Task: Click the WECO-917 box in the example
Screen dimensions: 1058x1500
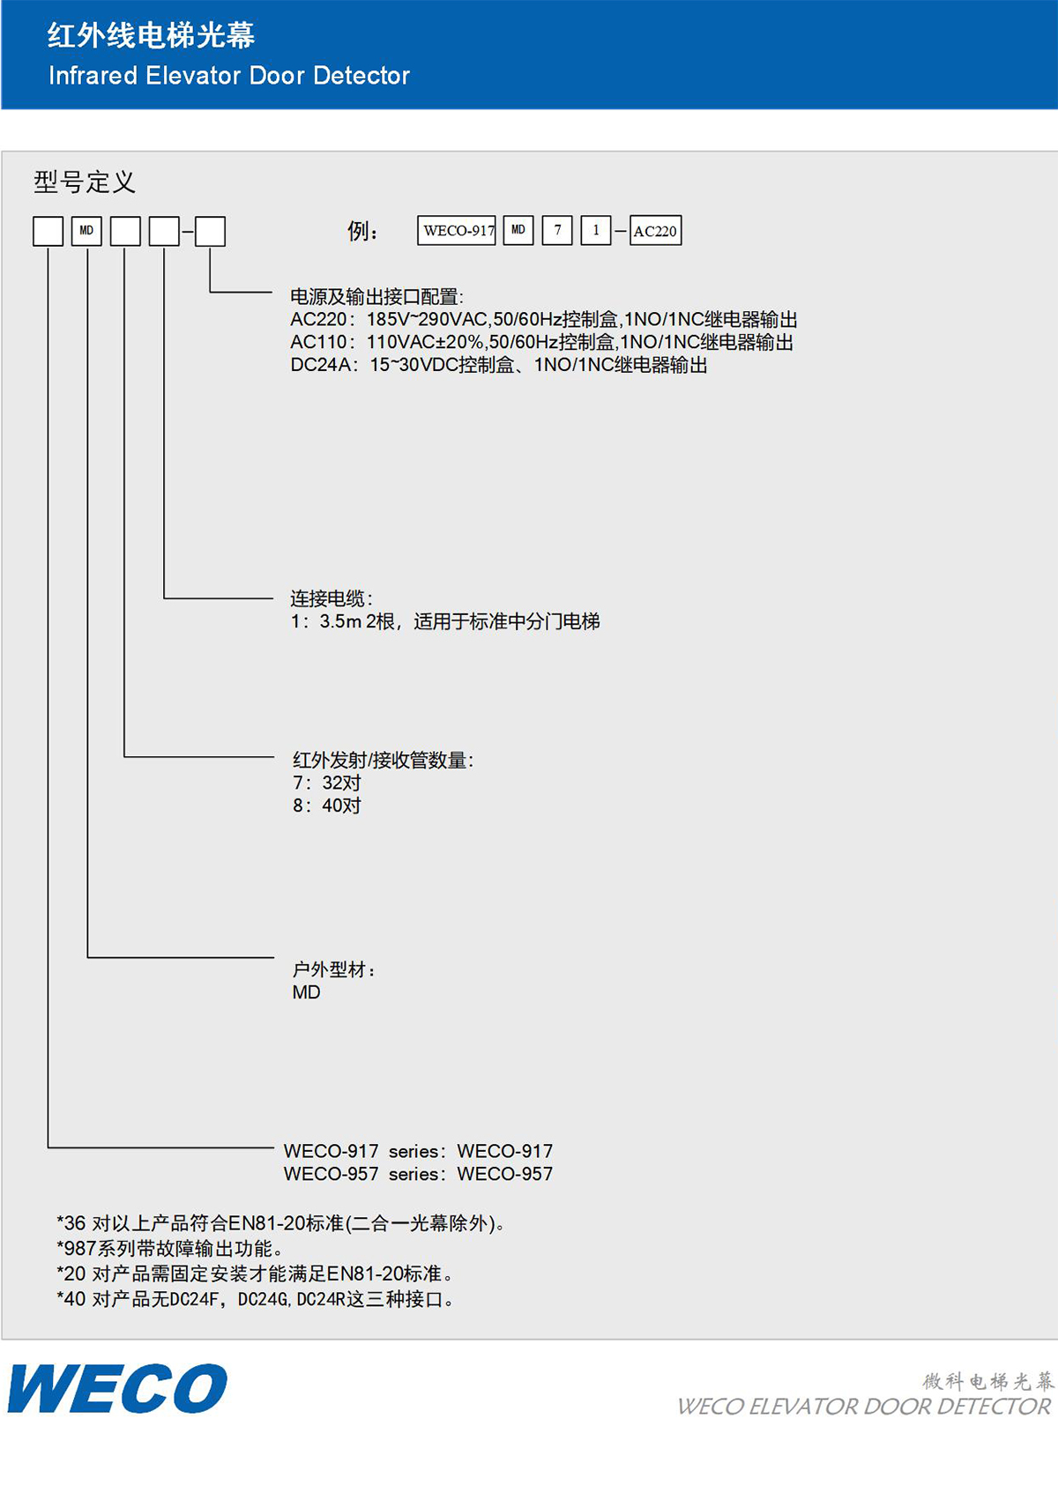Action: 457,230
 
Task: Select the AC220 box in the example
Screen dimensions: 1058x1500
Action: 655,230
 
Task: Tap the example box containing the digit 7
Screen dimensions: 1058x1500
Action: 557,230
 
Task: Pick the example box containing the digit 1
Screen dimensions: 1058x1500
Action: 596,230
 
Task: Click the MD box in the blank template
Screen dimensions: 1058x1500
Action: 86,231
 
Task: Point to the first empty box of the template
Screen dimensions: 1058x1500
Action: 48,231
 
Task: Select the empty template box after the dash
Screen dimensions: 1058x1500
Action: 210,231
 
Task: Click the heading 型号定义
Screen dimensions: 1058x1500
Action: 85,182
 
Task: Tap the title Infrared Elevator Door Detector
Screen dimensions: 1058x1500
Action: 229,76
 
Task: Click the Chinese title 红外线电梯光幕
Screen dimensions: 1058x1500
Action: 152,35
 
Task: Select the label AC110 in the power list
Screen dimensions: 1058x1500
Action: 319,342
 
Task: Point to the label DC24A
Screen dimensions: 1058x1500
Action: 321,365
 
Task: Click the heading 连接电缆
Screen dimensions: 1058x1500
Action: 331,598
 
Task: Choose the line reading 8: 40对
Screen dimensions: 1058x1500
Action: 327,806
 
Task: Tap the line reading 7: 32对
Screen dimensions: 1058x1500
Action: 327,783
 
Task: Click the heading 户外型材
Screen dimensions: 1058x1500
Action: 333,969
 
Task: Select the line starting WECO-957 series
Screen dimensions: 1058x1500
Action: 418,1174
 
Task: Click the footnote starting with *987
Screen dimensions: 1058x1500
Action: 170,1248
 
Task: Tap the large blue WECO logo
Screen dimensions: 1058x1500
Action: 117,1388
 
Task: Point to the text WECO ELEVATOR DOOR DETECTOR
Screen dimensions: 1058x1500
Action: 864,1407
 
